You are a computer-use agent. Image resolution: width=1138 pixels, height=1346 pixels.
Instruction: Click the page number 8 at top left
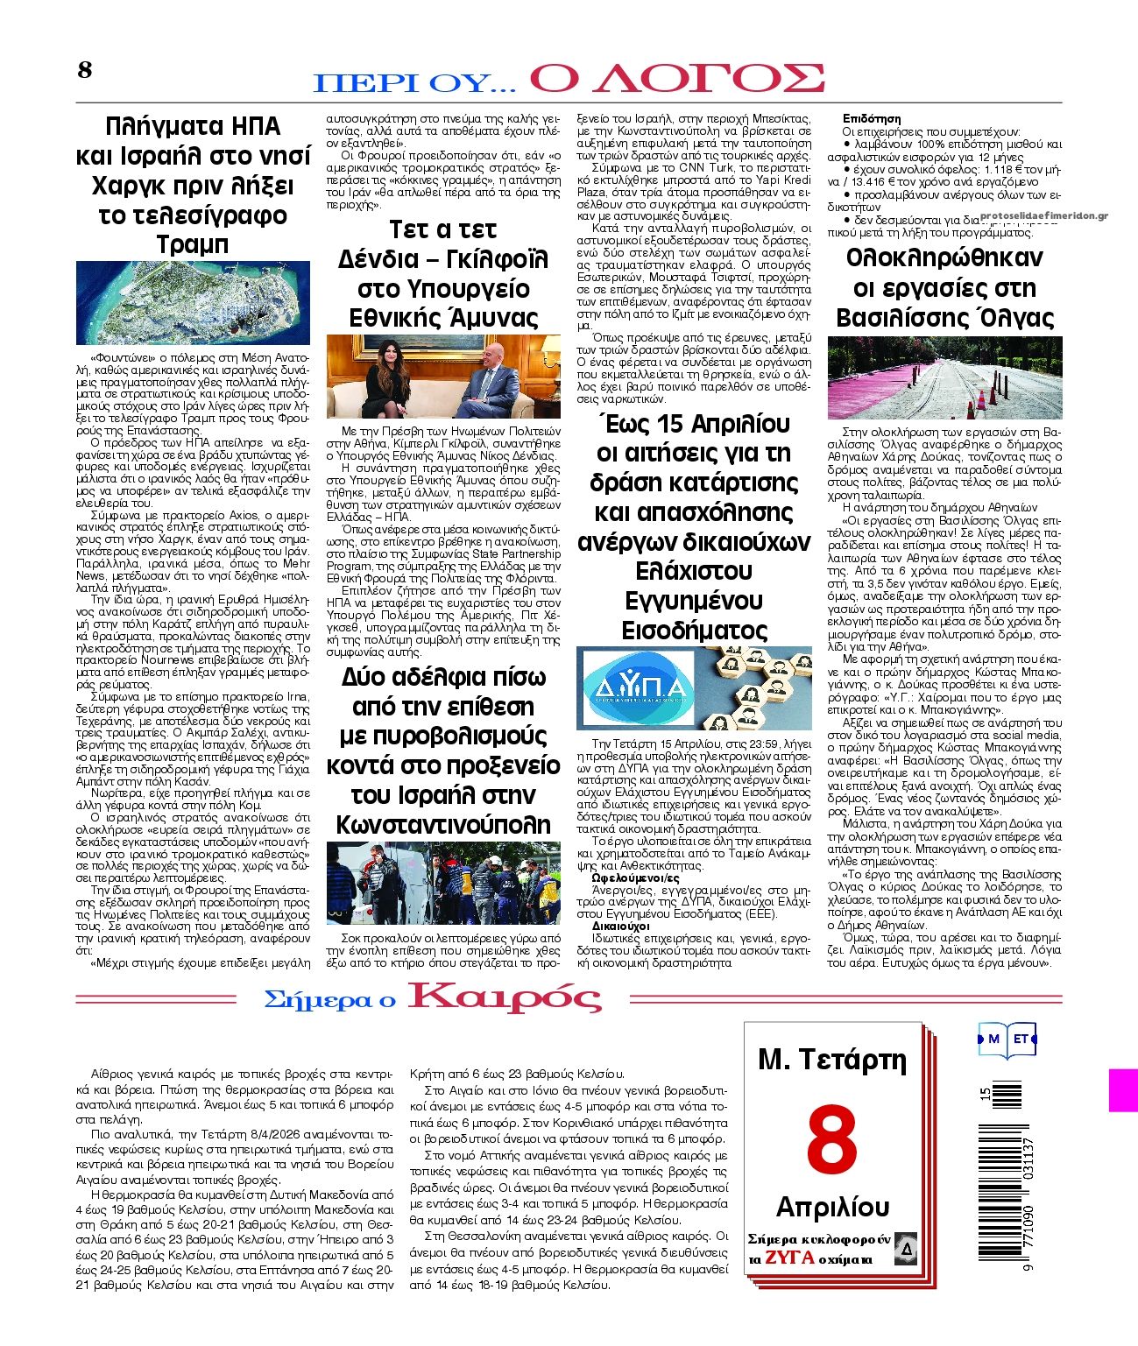point(85,70)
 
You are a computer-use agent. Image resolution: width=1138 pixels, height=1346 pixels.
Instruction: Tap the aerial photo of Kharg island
point(193,302)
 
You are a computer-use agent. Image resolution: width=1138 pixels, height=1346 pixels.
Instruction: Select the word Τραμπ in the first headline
point(193,244)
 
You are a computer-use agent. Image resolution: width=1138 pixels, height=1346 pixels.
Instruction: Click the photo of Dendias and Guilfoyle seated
point(443,377)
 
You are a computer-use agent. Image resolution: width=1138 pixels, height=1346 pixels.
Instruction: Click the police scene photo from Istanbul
point(443,883)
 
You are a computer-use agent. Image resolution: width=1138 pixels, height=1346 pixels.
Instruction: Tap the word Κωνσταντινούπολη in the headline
point(443,824)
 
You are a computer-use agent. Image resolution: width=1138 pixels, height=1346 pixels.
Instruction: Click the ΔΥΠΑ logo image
point(637,688)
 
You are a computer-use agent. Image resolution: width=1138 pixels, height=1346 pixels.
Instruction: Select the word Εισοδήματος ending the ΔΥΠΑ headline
point(695,631)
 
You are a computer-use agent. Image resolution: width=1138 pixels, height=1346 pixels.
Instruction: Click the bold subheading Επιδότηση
point(872,118)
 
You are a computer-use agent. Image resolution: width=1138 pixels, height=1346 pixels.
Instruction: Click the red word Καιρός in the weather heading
point(505,997)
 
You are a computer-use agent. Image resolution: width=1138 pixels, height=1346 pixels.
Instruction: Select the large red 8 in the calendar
point(831,1138)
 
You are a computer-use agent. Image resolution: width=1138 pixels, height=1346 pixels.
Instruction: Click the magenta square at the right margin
point(1124,1090)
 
